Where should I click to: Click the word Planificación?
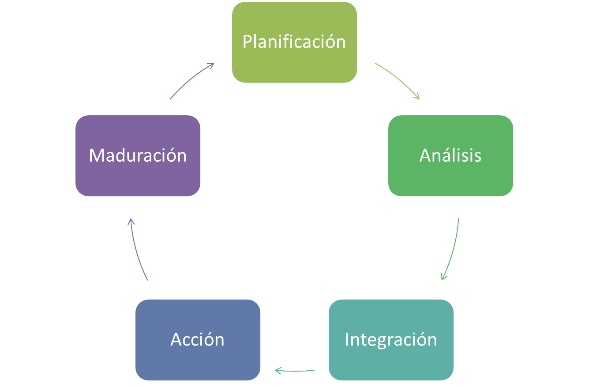(294, 42)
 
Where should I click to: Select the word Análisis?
(450, 156)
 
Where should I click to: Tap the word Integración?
(391, 339)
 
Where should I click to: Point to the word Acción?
(198, 339)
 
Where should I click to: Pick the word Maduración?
(138, 156)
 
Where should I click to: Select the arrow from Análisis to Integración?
(453, 250)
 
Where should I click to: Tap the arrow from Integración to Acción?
(295, 371)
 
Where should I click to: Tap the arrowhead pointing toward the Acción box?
(278, 370)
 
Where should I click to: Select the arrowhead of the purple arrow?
(211, 64)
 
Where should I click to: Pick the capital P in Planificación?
(247, 42)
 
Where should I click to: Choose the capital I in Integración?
(347, 339)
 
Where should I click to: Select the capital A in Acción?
(176, 339)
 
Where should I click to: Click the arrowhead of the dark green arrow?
(443, 277)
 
